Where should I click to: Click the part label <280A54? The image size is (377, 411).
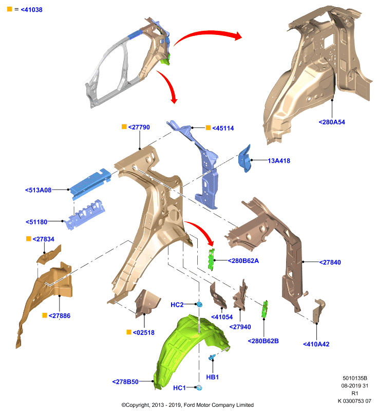pyautogui.click(x=332, y=122)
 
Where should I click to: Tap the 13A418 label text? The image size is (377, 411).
pyautogui.click(x=279, y=161)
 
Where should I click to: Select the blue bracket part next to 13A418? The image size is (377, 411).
pyautogui.click(x=244, y=159)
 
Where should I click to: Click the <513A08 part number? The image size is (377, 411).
pyautogui.click(x=38, y=190)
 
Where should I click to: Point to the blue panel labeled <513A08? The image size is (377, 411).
pyautogui.click(x=90, y=183)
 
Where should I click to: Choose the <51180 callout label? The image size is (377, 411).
pyautogui.click(x=36, y=222)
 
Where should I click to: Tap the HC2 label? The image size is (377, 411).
pyautogui.click(x=177, y=305)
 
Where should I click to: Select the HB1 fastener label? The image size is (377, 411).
pyautogui.click(x=212, y=377)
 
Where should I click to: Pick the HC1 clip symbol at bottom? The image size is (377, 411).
pyautogui.click(x=199, y=387)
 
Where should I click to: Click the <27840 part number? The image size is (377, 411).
pyautogui.click(x=330, y=263)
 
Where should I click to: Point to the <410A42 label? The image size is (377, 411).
pyautogui.click(x=316, y=344)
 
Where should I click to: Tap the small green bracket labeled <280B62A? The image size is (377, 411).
pyautogui.click(x=211, y=259)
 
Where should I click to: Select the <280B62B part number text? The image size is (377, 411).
pyautogui.click(x=263, y=341)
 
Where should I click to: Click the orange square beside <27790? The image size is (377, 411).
pyautogui.click(x=124, y=126)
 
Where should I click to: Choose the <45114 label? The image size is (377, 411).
pyautogui.click(x=223, y=128)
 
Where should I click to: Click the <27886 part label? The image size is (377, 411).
pyautogui.click(x=60, y=315)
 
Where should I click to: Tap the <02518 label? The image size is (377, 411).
pyautogui.click(x=144, y=332)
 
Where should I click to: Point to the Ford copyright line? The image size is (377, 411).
pyautogui.click(x=187, y=405)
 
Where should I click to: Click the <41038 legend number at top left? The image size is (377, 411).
pyautogui.click(x=31, y=10)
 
